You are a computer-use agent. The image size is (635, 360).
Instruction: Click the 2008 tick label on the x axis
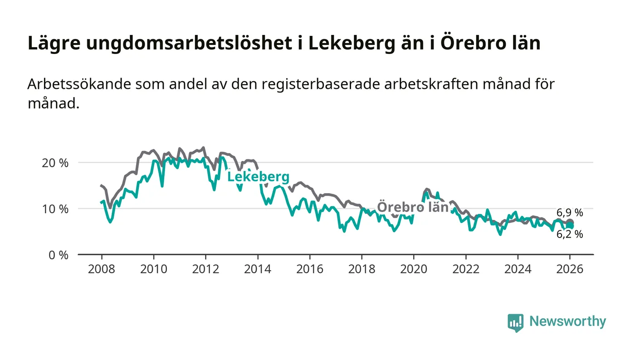point(101,269)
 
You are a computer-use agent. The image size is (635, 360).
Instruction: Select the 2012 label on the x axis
point(205,269)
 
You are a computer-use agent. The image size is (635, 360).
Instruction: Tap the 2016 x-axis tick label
point(309,269)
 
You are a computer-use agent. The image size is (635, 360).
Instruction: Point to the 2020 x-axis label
point(414,269)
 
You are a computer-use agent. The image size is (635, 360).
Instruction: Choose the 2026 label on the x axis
point(570,269)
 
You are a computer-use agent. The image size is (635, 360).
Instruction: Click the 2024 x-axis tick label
point(518,269)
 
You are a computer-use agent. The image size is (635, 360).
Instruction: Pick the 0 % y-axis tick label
point(59,255)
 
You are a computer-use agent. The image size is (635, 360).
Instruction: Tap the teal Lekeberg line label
point(258,177)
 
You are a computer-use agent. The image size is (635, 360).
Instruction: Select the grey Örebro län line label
point(413,207)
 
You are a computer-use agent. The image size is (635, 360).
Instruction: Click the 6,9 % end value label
point(570,213)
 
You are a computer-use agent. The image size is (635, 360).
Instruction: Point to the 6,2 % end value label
point(570,234)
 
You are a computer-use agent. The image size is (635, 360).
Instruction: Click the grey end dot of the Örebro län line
point(570,222)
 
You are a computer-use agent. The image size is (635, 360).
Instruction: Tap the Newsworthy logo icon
point(515,322)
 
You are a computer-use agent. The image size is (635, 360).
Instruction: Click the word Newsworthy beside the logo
point(567,321)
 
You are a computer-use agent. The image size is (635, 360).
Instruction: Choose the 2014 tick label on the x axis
point(258,269)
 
